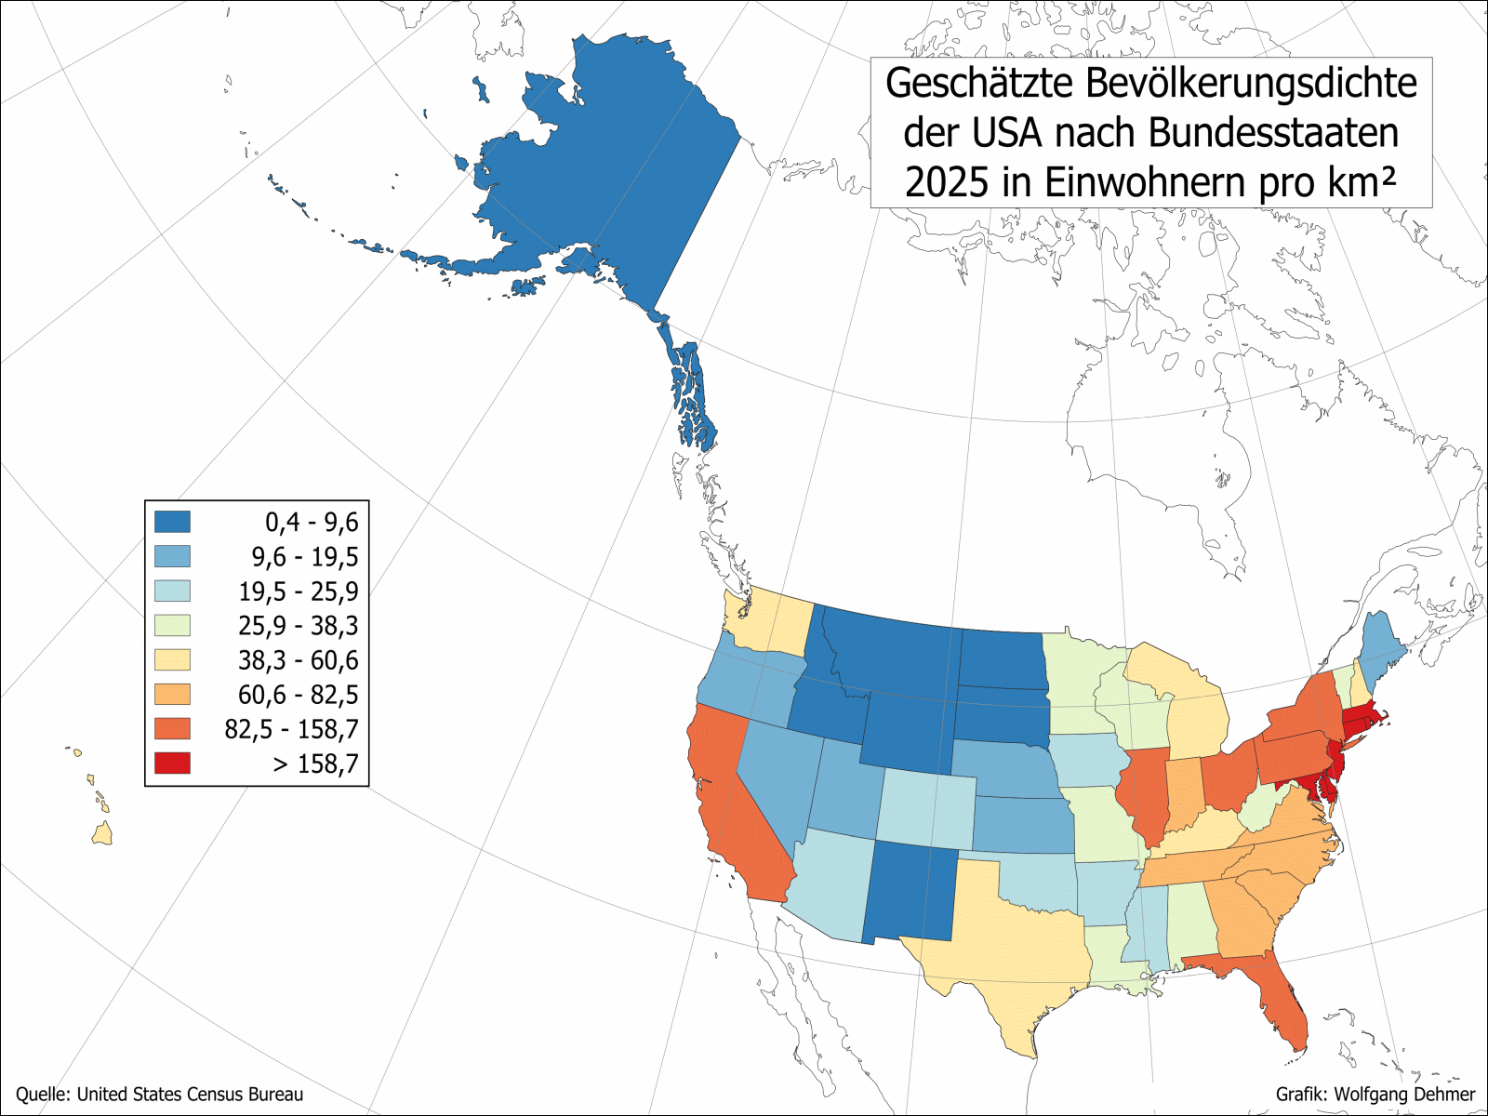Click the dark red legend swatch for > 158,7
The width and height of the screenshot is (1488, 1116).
(x=172, y=764)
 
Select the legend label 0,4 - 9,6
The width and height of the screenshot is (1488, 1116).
(x=311, y=523)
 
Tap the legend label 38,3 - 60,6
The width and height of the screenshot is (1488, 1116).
(x=298, y=660)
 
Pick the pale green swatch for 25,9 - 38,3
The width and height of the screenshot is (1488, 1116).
(x=172, y=626)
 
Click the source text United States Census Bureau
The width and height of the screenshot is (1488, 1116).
(x=190, y=1095)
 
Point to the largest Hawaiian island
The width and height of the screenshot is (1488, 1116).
(x=103, y=833)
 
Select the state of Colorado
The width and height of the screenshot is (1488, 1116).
(x=926, y=809)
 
